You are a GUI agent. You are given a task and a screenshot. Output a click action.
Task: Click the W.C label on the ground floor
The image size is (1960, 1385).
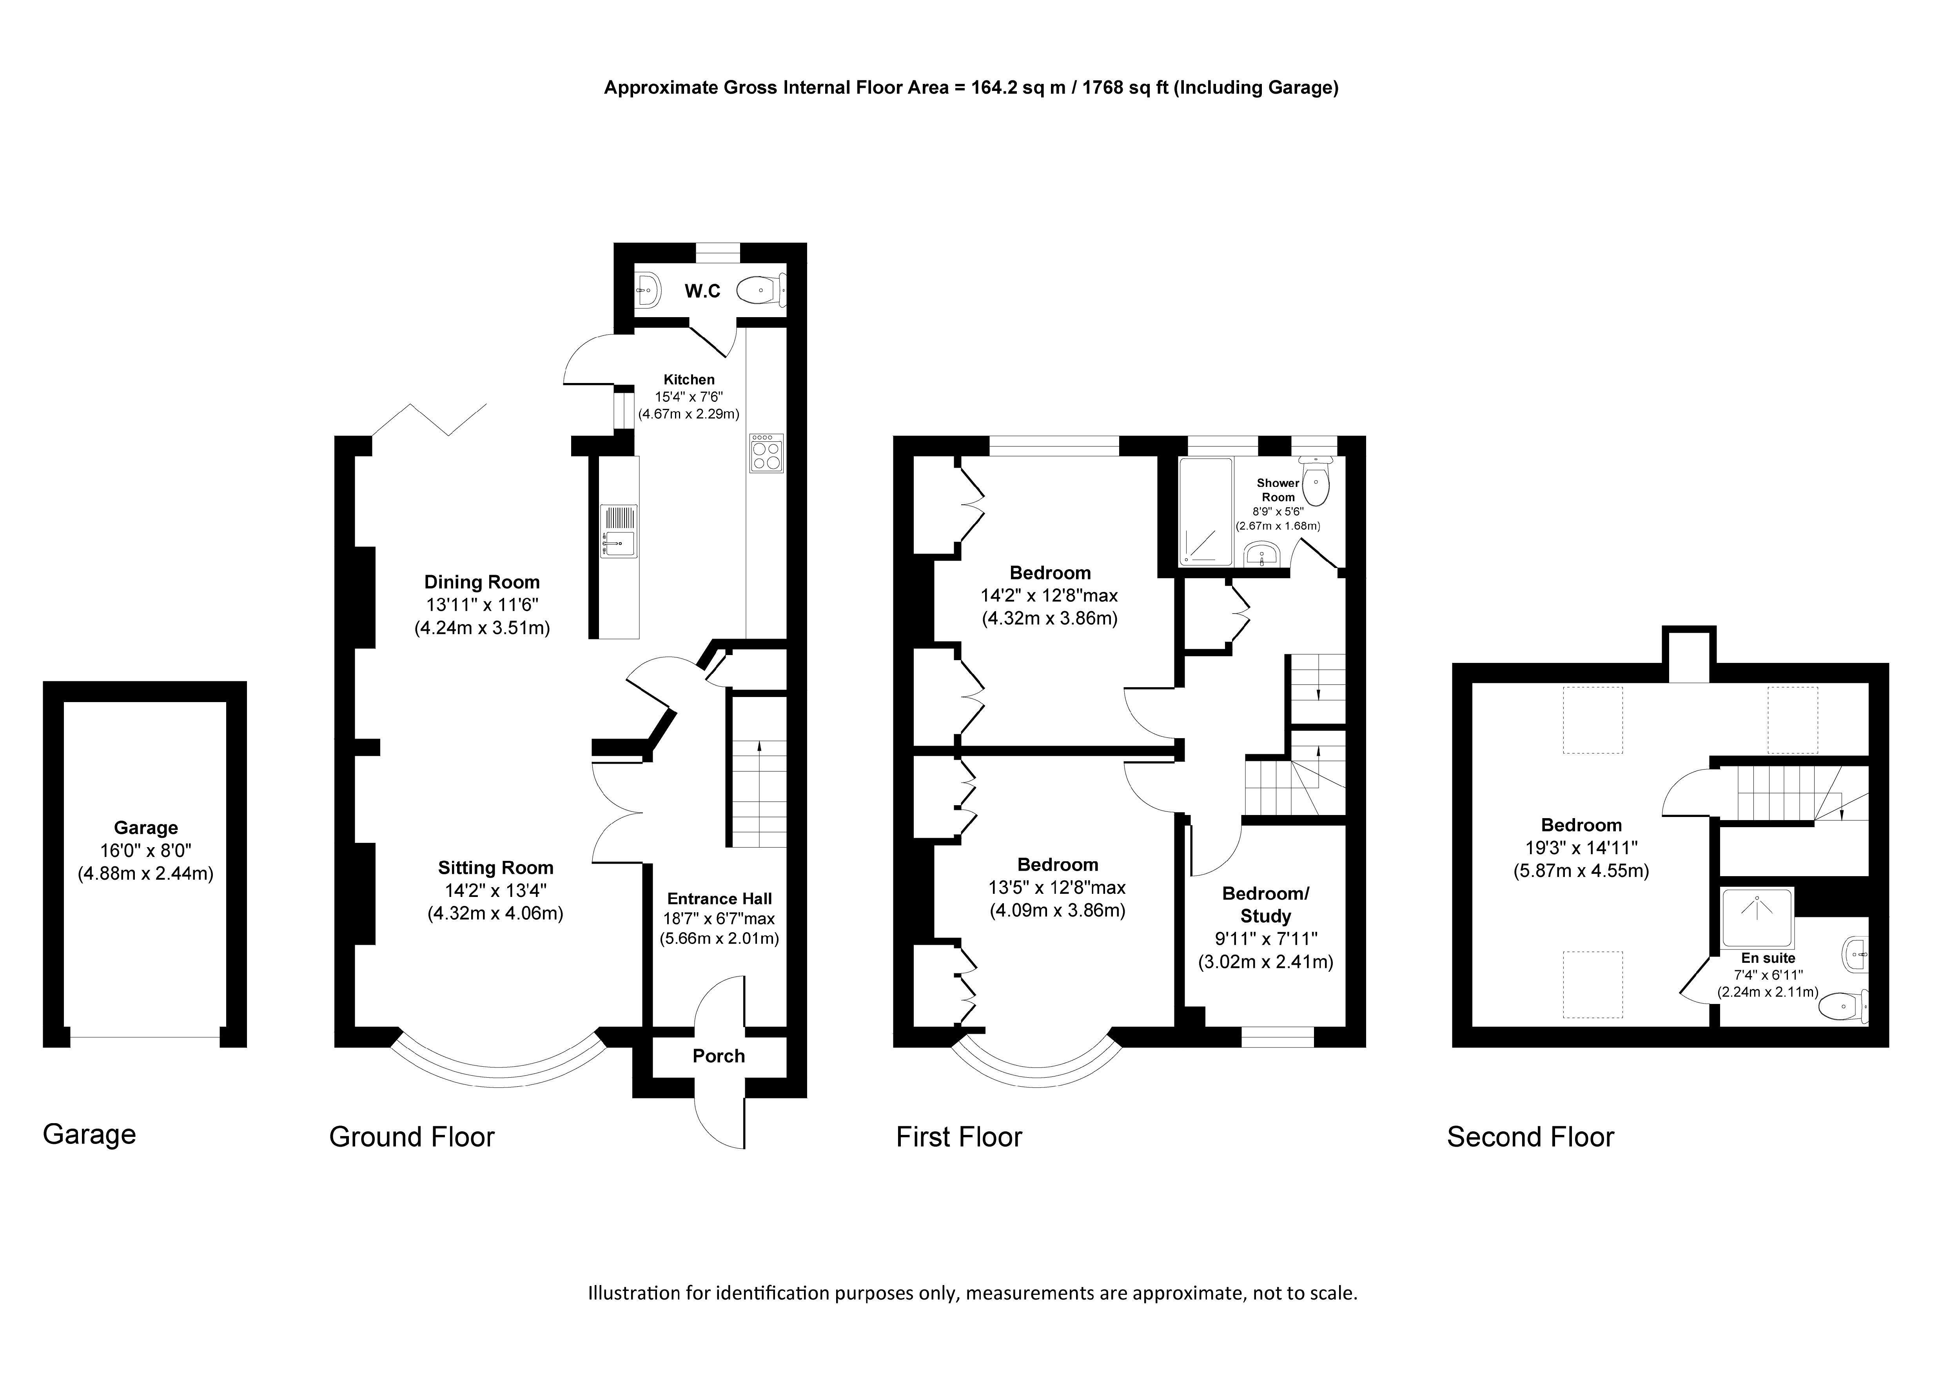tap(702, 291)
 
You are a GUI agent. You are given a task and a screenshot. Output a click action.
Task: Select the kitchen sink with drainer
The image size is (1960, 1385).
tap(619, 531)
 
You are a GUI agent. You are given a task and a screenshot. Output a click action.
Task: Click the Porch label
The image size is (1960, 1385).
tap(719, 1056)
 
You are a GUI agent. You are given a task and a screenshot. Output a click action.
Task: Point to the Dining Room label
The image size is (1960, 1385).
tap(482, 583)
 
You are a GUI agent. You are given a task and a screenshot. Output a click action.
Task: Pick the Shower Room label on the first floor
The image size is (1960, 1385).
tap(1278, 490)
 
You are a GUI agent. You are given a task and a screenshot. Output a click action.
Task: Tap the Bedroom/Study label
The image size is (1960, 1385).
tap(1265, 905)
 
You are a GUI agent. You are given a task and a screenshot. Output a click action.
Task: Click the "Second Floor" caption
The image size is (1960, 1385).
tap(1531, 1137)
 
